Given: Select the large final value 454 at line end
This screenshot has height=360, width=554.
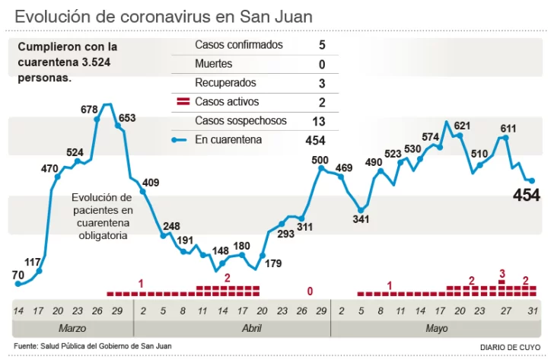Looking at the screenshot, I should point(527,196).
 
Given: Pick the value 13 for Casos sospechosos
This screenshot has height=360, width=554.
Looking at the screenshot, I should point(320,121).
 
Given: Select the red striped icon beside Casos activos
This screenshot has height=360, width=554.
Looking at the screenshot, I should point(183,102).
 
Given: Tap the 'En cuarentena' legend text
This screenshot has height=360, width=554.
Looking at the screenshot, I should point(228,140).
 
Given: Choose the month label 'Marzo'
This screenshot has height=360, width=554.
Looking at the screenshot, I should point(72,328).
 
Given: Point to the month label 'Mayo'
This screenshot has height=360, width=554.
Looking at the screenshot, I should point(436,328).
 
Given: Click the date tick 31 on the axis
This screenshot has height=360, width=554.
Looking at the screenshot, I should point(533,311).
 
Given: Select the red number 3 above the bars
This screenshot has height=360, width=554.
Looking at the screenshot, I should point(502,273).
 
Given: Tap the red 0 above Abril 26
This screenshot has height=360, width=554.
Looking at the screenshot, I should point(310,291).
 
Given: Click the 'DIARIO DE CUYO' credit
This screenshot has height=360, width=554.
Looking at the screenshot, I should point(510,347).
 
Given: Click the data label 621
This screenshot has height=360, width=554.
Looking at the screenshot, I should point(462,126).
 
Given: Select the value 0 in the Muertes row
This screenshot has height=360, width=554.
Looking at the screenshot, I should point(322,64).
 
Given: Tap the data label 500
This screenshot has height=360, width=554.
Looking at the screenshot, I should point(320,160).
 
